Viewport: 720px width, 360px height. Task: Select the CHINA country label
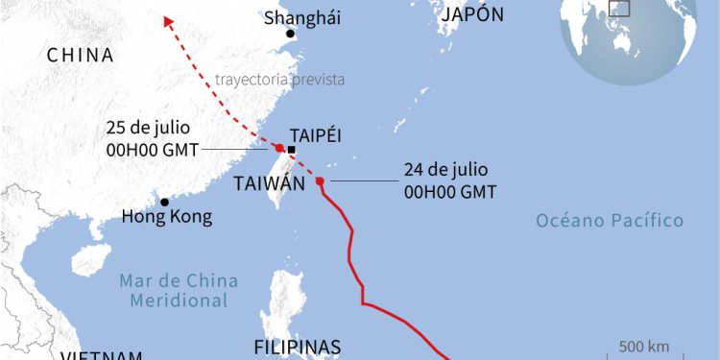[x=81, y=57]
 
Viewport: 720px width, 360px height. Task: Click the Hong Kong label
[x=166, y=217]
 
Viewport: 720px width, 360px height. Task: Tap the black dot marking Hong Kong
[x=165, y=202]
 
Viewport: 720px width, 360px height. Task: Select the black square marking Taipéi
[x=291, y=150]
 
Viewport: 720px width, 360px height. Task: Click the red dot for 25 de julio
[x=278, y=148]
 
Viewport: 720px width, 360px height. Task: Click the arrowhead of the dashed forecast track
[x=167, y=20]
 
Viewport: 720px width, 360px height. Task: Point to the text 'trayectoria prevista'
[x=280, y=79]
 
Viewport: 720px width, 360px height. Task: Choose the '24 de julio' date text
[x=441, y=170]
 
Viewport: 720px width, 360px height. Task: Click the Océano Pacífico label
[x=610, y=222]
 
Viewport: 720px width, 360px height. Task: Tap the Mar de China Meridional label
[x=174, y=290]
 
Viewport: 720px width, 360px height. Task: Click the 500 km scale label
[x=644, y=346]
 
